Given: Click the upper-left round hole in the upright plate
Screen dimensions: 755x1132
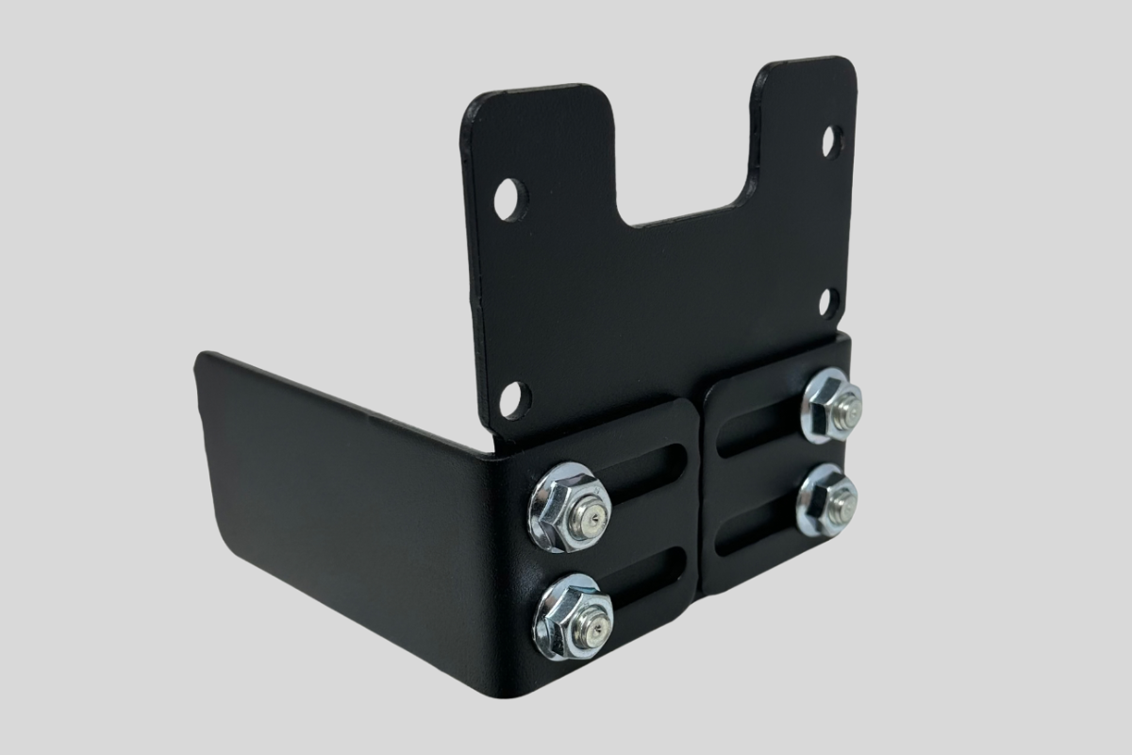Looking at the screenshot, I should [509, 199].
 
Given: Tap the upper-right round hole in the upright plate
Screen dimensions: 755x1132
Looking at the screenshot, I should [832, 143].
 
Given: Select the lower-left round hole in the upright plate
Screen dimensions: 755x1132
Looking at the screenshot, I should [515, 399].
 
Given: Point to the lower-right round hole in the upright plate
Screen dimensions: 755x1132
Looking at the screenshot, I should [829, 302].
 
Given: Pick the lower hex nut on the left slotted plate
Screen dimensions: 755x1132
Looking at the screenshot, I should [573, 617].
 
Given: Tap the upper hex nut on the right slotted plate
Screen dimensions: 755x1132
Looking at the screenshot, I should [831, 405].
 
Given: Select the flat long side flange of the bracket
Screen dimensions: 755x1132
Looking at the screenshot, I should [349, 500].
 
